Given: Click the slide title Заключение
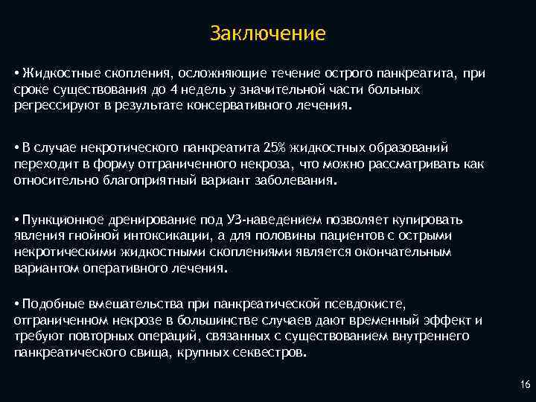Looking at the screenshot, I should [268, 33].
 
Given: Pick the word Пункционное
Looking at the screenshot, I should [54, 220].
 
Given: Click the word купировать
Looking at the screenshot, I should [432, 220].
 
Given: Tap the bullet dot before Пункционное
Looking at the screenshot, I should [16, 220].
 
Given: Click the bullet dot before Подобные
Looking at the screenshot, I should [16, 304].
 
